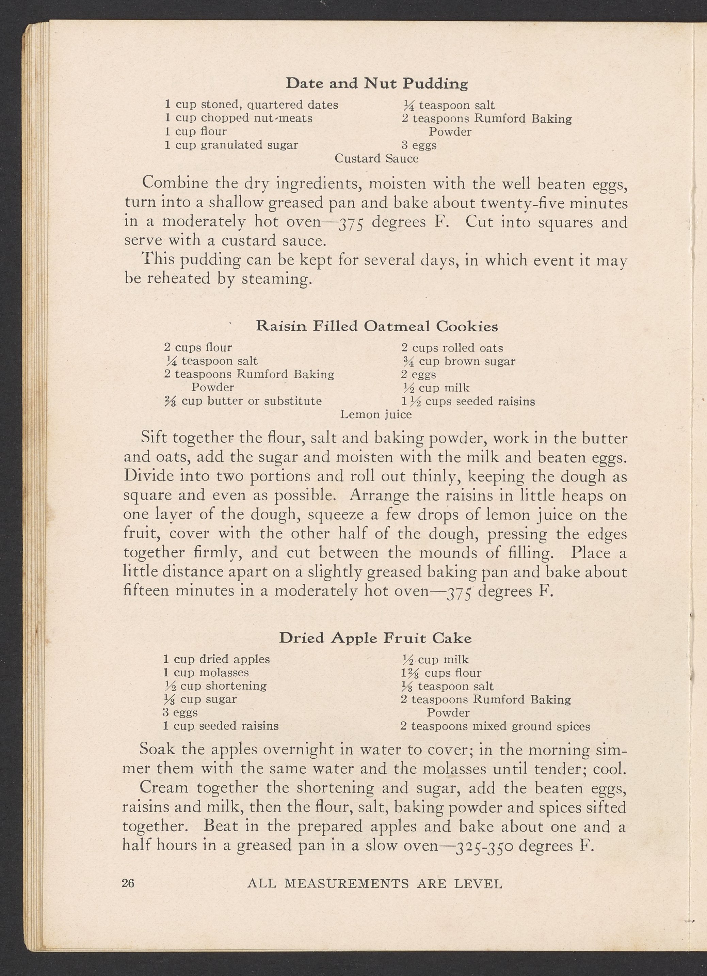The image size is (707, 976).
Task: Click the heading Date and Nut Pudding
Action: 377,83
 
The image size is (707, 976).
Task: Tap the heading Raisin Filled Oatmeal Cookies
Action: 377,326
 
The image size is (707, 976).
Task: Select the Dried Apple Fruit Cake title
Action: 375,638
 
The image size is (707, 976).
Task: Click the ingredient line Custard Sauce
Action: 376,159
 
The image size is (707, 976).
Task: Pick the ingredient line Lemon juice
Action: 376,414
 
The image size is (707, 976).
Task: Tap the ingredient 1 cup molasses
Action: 206,672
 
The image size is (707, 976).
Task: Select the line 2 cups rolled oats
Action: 452,348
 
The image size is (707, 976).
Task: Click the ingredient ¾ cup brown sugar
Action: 458,361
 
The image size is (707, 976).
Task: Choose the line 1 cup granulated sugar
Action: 231,145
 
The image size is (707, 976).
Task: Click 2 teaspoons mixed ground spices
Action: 495,726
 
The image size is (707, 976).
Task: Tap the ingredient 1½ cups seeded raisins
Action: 468,402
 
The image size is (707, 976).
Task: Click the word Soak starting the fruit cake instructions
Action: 157,749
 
